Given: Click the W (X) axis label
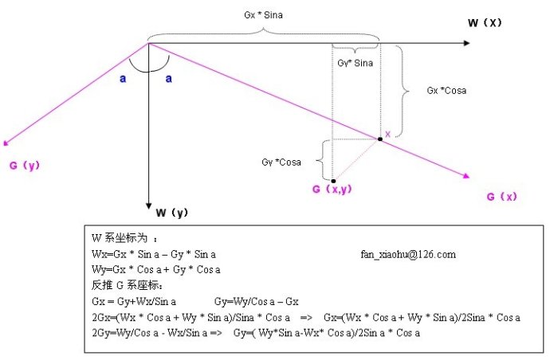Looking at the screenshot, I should tap(485, 23).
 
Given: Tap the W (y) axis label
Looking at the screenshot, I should tap(171, 213).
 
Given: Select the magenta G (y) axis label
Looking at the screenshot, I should tap(25, 166).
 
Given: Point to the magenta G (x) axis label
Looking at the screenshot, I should tap(503, 196).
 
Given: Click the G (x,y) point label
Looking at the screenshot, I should tap(332, 189).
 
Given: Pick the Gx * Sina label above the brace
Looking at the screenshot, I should tap(263, 14).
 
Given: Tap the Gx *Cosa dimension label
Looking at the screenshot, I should tap(447, 91).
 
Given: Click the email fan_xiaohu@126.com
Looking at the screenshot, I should tap(408, 254).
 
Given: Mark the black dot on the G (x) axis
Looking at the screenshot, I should tap(380, 139).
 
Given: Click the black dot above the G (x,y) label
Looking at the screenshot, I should tap(333, 181).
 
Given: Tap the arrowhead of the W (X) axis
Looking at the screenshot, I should tap(466, 42).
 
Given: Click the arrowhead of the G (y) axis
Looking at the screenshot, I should tap(6, 144).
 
